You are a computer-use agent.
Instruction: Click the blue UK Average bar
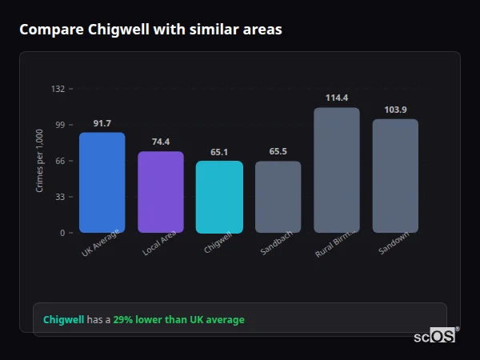pos(102,182)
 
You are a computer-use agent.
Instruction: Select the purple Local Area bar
pos(161,192)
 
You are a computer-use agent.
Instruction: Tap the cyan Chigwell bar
pos(219,197)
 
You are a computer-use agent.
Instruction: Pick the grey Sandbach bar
pos(278,197)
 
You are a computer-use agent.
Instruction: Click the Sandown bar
pos(395,176)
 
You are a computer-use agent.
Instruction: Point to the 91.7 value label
pos(102,123)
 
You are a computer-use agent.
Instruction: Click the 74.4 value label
pos(161,142)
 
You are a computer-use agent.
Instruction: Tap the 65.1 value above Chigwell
pos(219,152)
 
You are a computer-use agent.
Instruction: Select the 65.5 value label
pos(278,151)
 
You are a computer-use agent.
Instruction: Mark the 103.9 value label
pos(395,110)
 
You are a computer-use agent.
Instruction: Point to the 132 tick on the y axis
pos(58,89)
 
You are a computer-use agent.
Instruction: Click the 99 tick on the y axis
pos(59,125)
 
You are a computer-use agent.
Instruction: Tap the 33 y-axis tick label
pos(59,197)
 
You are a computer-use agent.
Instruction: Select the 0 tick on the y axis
pos(62,233)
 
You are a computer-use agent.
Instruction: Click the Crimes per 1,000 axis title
pos(40,161)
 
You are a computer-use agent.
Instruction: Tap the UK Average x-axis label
pos(101,242)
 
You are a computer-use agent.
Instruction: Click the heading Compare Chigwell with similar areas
pos(150,30)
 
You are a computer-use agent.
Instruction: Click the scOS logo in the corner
pos(434,336)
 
